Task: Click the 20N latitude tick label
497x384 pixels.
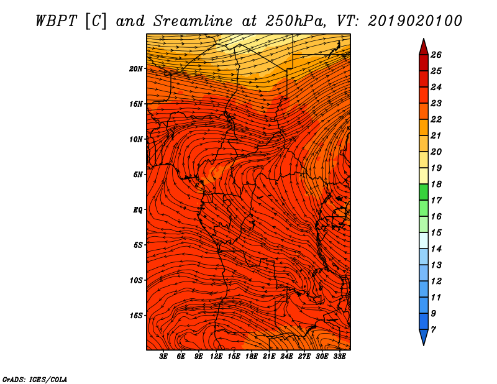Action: (135, 69)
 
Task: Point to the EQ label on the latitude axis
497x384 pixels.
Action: (138, 210)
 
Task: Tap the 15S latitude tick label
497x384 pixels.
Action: (135, 316)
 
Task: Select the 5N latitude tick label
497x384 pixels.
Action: (138, 175)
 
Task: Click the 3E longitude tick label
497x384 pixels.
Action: (163, 356)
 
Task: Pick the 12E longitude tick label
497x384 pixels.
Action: (216, 356)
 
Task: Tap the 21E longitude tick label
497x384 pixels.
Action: (269, 356)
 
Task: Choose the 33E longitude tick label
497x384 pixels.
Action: (339, 356)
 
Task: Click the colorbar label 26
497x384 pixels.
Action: (436, 55)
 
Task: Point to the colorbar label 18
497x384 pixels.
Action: (436, 184)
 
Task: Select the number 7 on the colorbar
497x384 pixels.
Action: (434, 330)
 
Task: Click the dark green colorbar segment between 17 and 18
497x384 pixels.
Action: (424, 192)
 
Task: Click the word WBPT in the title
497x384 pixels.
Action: (56, 21)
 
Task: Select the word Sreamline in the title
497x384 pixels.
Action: (193, 21)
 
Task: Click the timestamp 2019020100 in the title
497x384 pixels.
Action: (415, 21)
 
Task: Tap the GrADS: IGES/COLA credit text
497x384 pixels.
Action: (35, 379)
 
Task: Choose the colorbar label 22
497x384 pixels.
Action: (436, 119)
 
